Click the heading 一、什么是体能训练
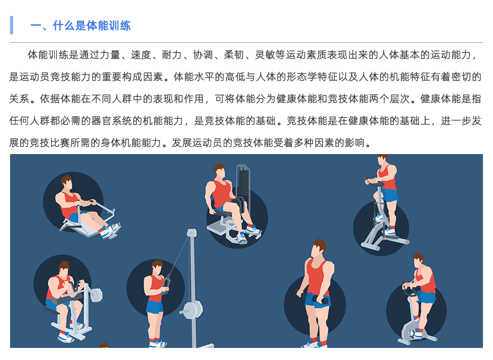(80, 26)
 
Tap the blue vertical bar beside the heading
(12, 25)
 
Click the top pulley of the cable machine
(191, 233)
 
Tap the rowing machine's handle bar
(93, 203)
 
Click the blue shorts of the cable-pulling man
(155, 307)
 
